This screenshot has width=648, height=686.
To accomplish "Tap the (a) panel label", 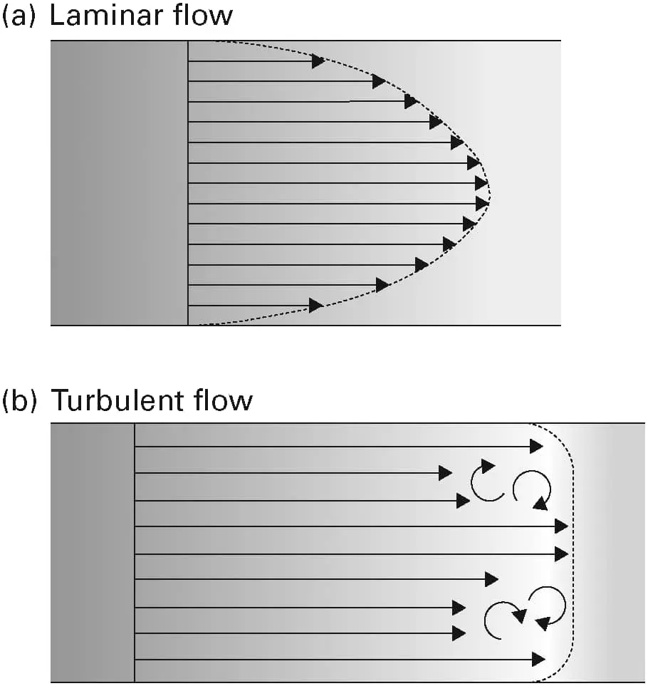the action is [19, 16].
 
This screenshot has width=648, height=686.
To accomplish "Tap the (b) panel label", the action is [19, 400].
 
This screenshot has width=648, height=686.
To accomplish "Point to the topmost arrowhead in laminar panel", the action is [319, 62].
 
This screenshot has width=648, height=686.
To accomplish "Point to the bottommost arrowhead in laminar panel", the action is [315, 306].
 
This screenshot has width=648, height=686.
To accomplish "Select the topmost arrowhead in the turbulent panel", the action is [536, 447].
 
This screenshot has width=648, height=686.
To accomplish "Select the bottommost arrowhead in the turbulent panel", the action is [538, 660].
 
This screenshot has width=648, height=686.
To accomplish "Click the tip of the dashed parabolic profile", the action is [490, 193].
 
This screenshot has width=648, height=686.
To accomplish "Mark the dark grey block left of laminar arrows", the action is [119, 183].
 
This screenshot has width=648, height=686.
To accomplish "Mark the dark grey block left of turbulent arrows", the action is [93, 553].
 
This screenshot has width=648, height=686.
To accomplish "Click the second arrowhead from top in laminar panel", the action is [379, 82].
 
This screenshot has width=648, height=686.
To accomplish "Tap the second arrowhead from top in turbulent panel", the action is [445, 473].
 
